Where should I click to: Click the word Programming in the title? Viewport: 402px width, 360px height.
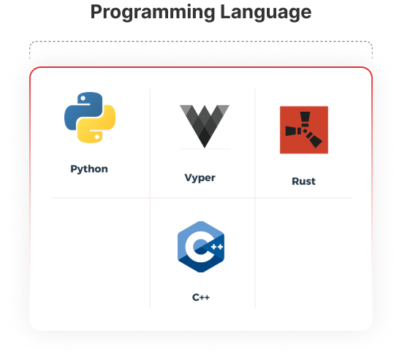point(153,12)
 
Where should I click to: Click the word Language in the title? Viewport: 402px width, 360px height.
point(266,12)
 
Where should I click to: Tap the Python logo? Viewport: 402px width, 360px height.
point(90,118)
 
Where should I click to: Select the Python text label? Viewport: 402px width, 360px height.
point(89,169)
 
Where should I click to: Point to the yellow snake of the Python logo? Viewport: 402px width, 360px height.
point(99,125)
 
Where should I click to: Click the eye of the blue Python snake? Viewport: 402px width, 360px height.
point(83,98)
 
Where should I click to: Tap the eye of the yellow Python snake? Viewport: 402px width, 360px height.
point(97,137)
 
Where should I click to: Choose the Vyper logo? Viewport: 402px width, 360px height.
point(205,126)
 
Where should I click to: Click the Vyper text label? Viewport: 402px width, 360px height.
point(200,178)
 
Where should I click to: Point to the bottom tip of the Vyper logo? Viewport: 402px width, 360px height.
point(205,148)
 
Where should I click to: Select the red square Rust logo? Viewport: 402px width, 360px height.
point(304,130)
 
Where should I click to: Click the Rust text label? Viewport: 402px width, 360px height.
point(304,181)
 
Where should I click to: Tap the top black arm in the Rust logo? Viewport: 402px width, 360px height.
point(305,119)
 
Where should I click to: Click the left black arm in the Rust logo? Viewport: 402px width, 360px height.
point(293,131)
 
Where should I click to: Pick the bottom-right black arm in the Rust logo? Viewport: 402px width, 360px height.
point(314,139)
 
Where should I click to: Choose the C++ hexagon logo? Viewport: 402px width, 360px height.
point(201,247)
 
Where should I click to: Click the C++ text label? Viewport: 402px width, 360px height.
point(201,297)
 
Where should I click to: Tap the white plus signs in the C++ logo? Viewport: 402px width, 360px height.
point(217,247)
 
